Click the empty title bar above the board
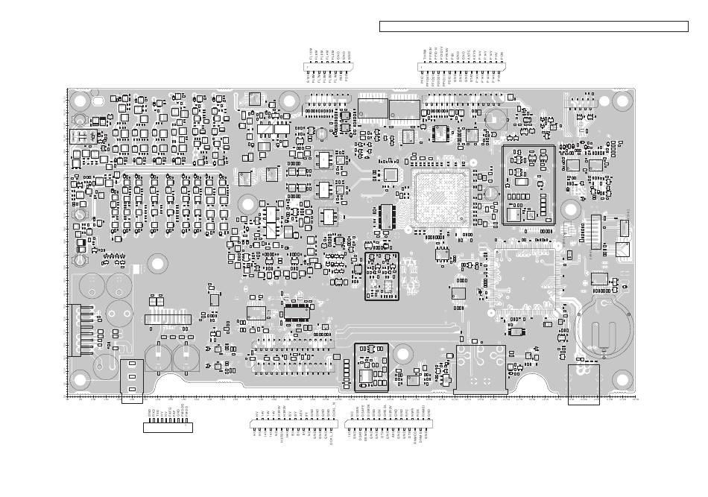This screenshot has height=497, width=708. click(534, 27)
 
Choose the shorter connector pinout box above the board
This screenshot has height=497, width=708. click(328, 66)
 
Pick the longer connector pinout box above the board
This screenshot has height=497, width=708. click(462, 66)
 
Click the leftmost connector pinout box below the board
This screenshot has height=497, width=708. click(168, 427)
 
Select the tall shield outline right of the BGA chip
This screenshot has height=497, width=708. click(529, 185)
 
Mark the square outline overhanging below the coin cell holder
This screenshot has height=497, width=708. click(584, 384)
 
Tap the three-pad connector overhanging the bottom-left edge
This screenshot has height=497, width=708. click(132, 381)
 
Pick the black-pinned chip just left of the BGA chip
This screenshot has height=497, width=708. click(386, 215)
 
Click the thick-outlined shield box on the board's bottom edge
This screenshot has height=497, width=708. click(371, 367)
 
